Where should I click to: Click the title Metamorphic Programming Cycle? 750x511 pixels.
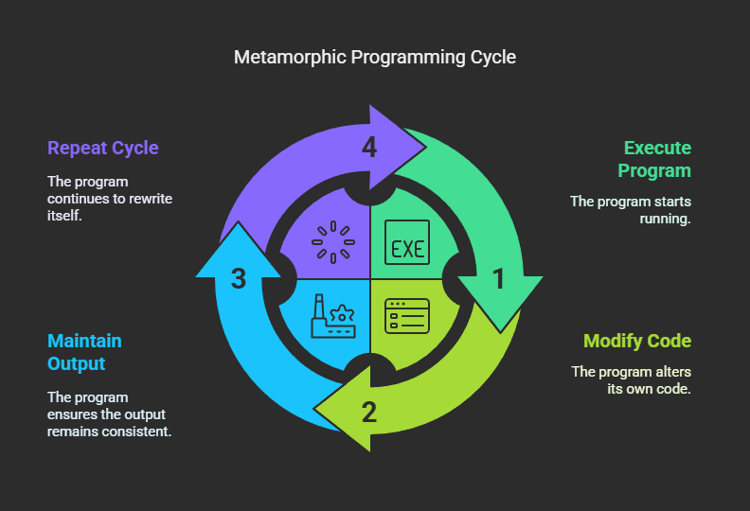375,57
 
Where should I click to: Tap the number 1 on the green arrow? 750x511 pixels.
498,279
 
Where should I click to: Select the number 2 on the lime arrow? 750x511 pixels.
369,412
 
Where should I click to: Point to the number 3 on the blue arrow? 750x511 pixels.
239,279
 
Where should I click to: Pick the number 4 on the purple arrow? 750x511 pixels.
369,149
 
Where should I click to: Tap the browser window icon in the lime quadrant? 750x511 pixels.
407,315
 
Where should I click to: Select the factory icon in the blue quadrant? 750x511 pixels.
331,315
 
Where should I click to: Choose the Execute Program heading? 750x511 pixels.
655,159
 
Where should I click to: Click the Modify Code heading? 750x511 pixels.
637,341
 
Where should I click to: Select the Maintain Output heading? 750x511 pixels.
84,352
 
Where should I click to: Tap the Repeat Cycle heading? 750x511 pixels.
103,148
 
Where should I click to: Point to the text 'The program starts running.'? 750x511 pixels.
631,209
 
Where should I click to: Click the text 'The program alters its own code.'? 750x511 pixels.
632,379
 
